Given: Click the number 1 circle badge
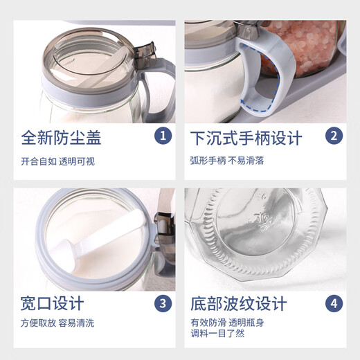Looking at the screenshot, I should point(163,136).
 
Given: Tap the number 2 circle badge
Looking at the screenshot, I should point(334,136).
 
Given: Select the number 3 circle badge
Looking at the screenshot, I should point(163,303).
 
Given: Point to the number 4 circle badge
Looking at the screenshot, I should point(334,303).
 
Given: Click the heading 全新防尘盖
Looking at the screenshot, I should point(61,138).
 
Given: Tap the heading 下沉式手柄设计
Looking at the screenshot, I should point(246,138).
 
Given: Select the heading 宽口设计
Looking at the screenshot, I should point(53,303).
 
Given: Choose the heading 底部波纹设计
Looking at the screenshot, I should point(238,303).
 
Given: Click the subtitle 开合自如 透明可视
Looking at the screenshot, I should point(57,162).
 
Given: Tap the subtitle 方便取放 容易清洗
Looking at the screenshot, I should point(57,323).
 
